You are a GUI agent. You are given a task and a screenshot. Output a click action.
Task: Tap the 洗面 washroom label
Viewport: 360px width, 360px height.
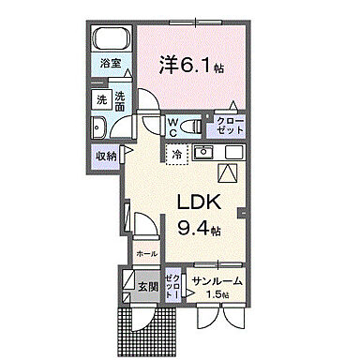[x=121, y=100]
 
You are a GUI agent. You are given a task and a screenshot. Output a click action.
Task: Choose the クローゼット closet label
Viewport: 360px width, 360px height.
[x=229, y=125]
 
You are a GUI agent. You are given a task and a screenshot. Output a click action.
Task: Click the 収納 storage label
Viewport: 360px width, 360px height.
[x=105, y=156]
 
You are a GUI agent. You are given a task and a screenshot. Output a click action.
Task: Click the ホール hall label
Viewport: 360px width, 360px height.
[x=146, y=253]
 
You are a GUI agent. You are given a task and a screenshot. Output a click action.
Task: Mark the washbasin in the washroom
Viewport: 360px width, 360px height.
[x=100, y=127]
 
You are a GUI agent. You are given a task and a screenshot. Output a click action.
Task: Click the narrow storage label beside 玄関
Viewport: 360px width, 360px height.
[x=172, y=284]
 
